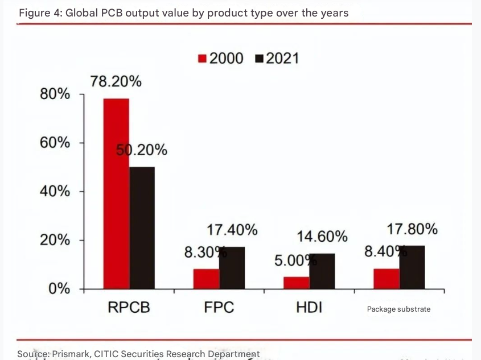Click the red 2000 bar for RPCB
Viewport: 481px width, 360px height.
(x=116, y=193)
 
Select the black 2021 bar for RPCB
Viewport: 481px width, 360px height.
(x=142, y=227)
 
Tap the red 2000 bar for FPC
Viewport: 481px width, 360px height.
(x=207, y=279)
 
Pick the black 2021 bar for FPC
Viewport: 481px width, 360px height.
(x=232, y=267)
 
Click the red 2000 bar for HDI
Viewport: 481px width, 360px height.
(x=297, y=283)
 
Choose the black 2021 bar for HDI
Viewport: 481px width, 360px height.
(x=322, y=271)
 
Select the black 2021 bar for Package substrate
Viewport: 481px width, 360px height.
(x=412, y=267)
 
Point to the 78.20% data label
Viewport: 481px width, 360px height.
(x=116, y=82)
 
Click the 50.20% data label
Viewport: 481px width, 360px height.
(x=142, y=150)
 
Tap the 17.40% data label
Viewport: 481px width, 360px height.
(x=232, y=230)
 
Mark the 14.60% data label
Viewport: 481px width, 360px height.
(x=322, y=236)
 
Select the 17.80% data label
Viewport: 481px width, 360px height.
(x=412, y=229)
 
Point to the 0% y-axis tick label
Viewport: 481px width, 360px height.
(x=59, y=288)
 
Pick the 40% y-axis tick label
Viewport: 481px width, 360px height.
(x=55, y=191)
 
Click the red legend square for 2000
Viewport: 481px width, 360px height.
(x=202, y=59)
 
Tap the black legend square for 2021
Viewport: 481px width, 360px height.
(x=259, y=59)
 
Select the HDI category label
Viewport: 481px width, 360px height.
(x=309, y=308)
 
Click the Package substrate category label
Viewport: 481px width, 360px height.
(x=398, y=309)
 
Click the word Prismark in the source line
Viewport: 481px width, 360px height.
(x=71, y=354)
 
